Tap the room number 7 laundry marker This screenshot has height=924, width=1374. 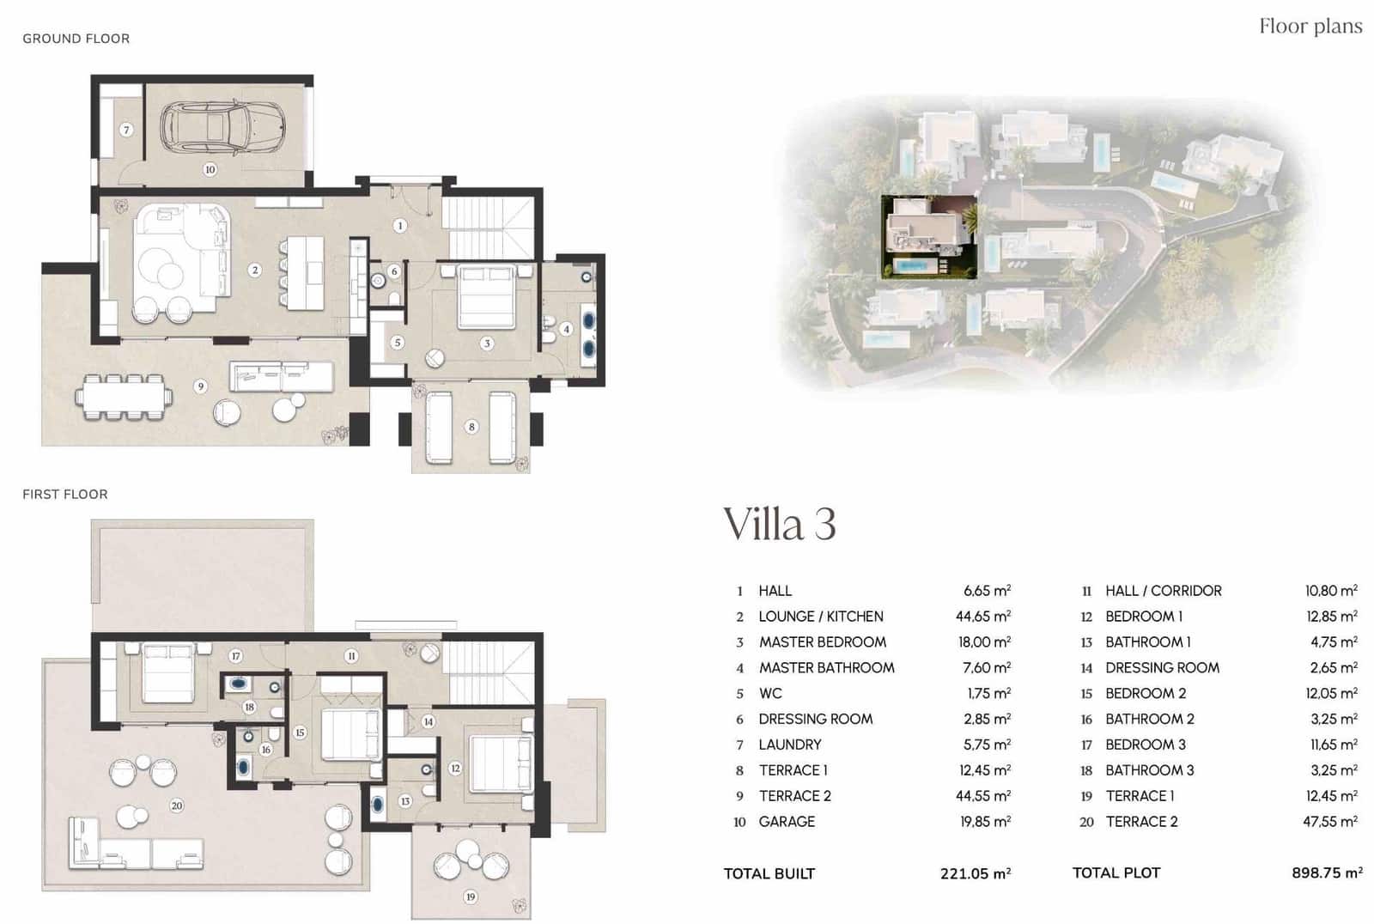(126, 130)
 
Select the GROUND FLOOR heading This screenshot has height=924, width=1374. (76, 39)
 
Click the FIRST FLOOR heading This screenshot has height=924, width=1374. (65, 495)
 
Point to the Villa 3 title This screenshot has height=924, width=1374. (779, 524)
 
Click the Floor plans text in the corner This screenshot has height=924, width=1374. (1310, 27)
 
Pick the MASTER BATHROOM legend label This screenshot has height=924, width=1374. (826, 668)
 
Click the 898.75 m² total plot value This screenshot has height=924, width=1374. (1326, 873)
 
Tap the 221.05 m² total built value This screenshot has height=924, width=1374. (975, 874)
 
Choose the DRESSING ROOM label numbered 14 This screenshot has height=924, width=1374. (1162, 668)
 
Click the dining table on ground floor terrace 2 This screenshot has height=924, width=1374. (124, 398)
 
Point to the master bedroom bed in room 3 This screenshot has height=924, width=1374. (486, 297)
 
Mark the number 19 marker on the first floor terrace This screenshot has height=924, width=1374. (471, 897)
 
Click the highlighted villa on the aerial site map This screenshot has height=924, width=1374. (930, 237)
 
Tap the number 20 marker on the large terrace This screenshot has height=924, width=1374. (176, 805)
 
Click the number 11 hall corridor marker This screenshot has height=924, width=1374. (351, 656)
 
